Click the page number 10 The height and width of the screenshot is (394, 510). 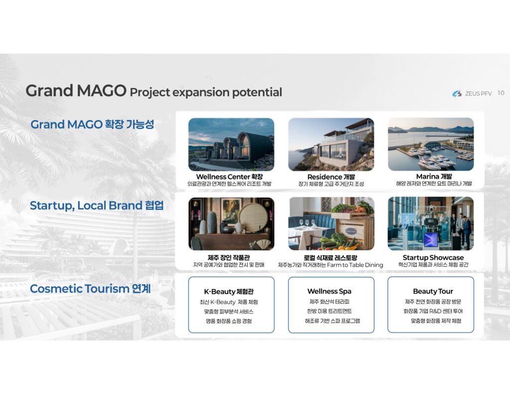click(x=501, y=93)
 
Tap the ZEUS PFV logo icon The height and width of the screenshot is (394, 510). click(x=457, y=94)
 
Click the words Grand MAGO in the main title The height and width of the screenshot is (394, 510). click(x=76, y=91)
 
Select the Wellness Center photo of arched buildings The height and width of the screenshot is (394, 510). click(x=231, y=144)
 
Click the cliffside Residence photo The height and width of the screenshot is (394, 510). click(x=331, y=144)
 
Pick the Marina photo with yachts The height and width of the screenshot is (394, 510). click(x=431, y=144)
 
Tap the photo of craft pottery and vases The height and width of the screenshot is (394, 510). click(x=231, y=224)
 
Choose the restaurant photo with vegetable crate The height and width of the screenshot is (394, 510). click(x=331, y=224)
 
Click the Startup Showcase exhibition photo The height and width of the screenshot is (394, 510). click(x=431, y=224)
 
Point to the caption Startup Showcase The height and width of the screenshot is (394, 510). click(x=433, y=258)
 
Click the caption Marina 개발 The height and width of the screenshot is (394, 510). click(x=434, y=176)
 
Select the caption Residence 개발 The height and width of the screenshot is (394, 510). click(x=331, y=177)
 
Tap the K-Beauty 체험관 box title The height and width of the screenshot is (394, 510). click(x=229, y=291)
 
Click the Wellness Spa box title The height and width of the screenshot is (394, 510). click(x=329, y=291)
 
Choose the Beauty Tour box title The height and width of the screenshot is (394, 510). click(x=433, y=291)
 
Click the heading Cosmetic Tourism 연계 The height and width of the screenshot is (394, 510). click(x=90, y=288)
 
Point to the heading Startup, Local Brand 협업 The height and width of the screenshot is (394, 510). click(x=97, y=206)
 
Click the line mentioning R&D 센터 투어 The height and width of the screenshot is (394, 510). click(x=433, y=311)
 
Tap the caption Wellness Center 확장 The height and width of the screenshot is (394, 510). click(x=229, y=177)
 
